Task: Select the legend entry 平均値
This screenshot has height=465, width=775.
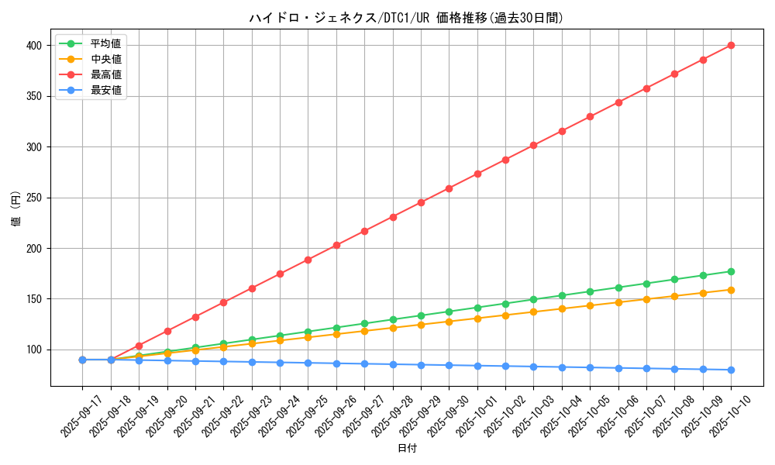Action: pos(105,43)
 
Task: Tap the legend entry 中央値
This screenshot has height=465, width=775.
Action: pos(105,59)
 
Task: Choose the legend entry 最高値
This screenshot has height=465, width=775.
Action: pos(105,74)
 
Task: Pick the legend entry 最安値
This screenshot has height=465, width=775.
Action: pos(105,90)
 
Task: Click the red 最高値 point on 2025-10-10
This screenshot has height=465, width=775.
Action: pos(731,45)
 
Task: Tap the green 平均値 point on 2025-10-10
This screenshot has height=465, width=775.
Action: pos(731,271)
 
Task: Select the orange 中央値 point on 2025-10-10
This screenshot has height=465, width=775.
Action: pos(731,290)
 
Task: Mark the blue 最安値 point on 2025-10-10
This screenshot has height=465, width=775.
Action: pos(731,370)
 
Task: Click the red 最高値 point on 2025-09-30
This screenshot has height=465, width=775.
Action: pos(449,188)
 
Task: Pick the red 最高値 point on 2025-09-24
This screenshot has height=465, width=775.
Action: pos(280,274)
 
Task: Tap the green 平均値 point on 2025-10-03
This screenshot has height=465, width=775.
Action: pos(533,299)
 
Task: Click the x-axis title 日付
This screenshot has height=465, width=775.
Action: pos(407,449)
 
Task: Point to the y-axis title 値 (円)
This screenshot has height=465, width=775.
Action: pos(16,209)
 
